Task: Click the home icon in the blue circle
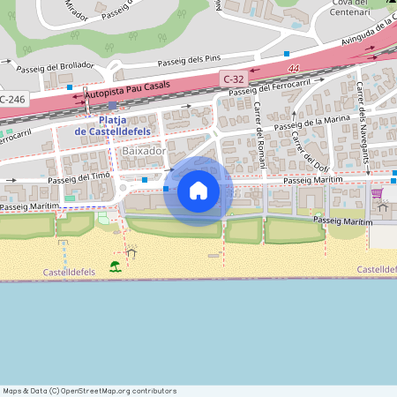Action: pos(198,191)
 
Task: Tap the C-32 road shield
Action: pos(234,79)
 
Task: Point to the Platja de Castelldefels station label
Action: pos(113,125)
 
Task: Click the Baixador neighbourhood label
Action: pos(145,151)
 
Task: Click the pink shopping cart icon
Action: pos(378,193)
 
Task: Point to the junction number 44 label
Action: pos(293,67)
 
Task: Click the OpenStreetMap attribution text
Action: pos(90,390)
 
